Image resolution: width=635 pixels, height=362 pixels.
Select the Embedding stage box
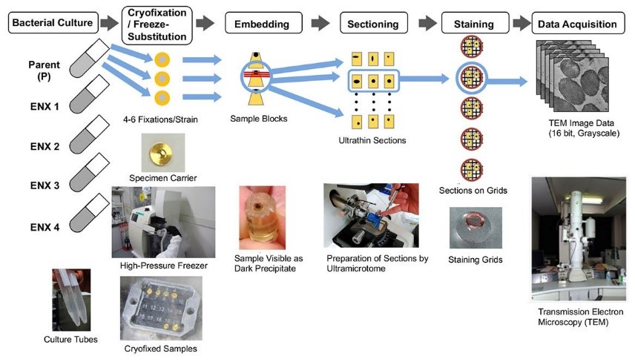point(262,24)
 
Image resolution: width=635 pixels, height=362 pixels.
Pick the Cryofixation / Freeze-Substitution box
point(156,24)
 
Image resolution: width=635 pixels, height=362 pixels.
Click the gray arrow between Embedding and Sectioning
point(320,24)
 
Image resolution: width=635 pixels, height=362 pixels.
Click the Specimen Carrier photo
point(162,151)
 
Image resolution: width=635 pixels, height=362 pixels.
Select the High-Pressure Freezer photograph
point(163,222)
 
